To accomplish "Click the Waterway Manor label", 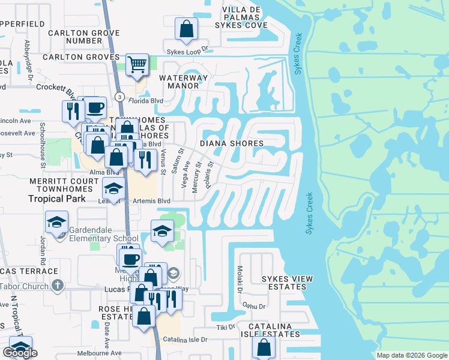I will tap(183, 82).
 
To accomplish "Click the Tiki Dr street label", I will tap(226, 328).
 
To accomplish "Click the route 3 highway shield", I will tap(120, 97).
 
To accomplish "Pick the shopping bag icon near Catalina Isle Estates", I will tap(264, 346).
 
